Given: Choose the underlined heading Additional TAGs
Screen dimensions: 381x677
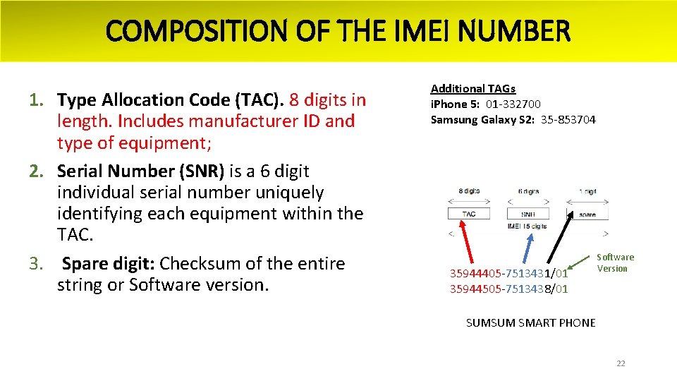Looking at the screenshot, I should tap(473, 89).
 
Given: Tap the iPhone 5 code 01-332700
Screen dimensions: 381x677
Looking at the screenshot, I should tap(513, 104).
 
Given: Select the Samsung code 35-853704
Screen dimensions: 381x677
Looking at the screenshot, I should tap(568, 120).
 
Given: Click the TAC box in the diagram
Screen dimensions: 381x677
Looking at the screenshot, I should tap(469, 214).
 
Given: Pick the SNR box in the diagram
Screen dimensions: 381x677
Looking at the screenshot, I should tap(528, 214).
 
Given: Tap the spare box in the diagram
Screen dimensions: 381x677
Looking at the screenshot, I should tap(587, 214).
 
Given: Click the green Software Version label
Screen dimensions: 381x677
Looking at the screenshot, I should tap(615, 262).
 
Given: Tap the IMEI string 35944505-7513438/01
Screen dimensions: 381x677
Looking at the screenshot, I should tap(508, 289).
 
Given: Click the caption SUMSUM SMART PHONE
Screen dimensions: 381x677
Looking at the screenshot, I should tap(530, 323).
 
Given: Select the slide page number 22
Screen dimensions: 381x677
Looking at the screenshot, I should tap(621, 364).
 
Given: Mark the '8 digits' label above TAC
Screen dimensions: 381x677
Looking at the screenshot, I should tap(469, 191).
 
